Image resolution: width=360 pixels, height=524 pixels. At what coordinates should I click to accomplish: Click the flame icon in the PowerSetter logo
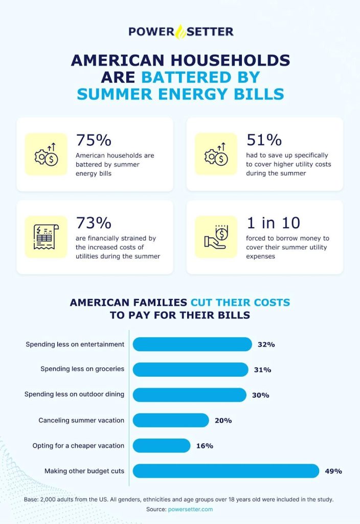point(181,32)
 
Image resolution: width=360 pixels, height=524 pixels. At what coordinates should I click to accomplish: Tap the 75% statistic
point(94,140)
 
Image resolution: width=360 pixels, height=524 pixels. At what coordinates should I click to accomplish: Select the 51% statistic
point(264,140)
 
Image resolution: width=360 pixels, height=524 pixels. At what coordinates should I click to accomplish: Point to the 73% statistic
point(94,223)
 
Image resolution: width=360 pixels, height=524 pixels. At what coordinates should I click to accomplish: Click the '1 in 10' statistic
point(273,223)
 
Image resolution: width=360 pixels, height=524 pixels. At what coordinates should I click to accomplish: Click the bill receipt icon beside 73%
point(46,237)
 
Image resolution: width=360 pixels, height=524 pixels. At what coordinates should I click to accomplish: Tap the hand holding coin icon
point(216,237)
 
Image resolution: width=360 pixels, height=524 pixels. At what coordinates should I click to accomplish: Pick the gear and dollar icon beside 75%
point(46,154)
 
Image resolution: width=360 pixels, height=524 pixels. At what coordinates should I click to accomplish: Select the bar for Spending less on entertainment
point(192,344)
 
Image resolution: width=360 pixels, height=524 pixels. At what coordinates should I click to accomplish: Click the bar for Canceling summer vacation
point(171,420)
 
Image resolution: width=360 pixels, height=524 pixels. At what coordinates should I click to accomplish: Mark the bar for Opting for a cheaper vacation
point(162,446)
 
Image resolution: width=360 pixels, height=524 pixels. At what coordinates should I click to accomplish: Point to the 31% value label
point(262,370)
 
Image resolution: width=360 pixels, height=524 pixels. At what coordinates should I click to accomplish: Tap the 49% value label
point(333,471)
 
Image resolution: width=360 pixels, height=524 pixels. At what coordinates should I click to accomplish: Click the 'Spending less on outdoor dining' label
point(75,395)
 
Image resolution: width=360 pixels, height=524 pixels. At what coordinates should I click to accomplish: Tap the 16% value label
point(205,446)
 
